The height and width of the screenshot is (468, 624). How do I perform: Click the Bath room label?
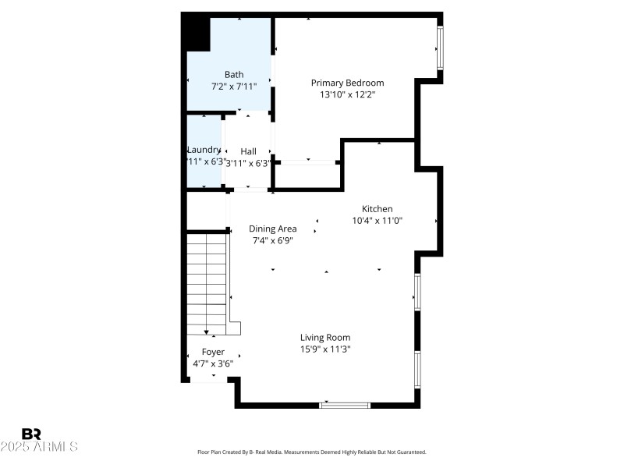pos(234,75)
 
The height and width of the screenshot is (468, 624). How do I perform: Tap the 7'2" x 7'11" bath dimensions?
pos(233,87)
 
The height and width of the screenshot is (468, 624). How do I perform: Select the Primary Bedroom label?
pos(347,83)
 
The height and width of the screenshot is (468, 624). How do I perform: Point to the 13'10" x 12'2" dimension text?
pos(347,94)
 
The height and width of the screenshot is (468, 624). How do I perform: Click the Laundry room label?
pos(204,150)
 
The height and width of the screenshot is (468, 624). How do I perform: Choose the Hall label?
pos(248,151)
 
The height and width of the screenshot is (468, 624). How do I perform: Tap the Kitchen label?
pos(377,208)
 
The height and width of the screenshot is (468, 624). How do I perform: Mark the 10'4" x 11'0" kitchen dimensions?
pos(377,221)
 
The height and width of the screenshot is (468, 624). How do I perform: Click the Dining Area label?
pos(273,229)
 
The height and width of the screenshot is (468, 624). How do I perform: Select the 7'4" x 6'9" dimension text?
pos(273,240)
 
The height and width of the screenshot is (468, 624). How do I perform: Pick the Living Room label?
pos(325,337)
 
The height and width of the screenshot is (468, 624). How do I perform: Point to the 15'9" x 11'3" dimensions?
pos(325,349)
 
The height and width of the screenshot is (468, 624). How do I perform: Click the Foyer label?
pos(213,352)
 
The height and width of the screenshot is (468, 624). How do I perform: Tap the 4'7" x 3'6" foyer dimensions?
pos(213,363)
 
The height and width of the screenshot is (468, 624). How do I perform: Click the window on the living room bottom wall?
pos(345,405)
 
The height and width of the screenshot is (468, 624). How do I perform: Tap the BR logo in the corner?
pos(31,434)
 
